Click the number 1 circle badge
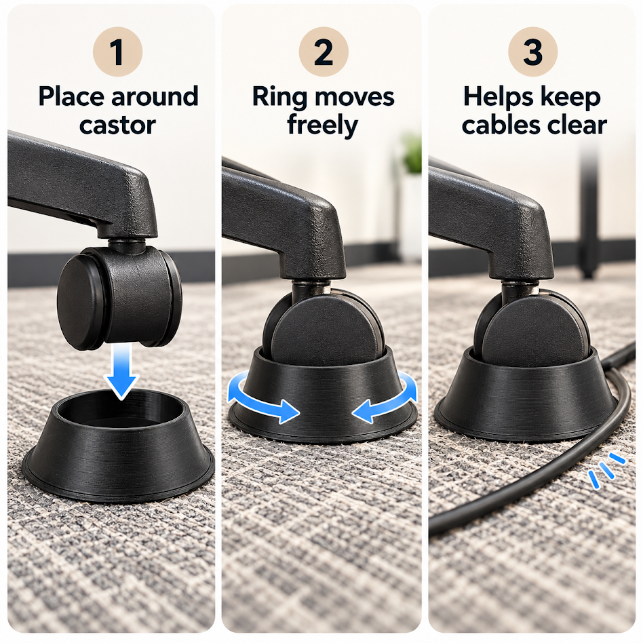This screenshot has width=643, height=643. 118,52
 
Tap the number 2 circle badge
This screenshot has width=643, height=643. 324,52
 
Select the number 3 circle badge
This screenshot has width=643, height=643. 532,52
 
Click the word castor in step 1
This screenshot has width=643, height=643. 118,125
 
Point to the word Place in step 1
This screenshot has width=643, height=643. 71,97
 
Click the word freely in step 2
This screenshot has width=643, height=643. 323,126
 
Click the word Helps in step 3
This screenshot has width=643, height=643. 498,98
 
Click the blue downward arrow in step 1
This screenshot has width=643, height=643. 121,371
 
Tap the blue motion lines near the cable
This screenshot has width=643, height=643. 606,469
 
